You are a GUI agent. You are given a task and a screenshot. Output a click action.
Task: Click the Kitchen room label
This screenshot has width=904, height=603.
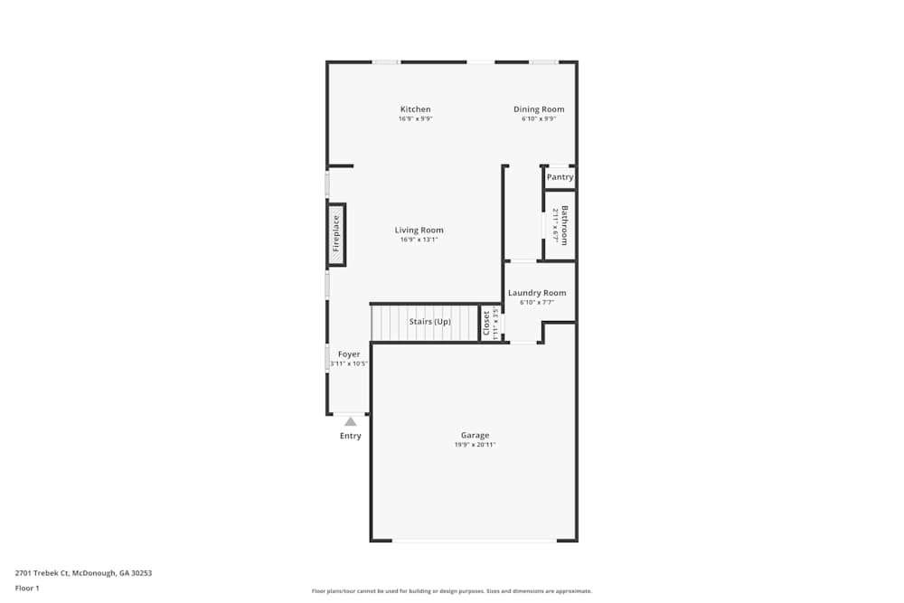coord(416,109)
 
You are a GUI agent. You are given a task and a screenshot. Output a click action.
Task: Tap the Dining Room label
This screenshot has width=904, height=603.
coord(539,109)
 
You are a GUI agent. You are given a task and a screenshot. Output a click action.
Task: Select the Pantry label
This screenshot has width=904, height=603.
coord(560,177)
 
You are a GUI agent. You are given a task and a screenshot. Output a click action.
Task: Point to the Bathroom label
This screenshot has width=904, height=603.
coord(565,225)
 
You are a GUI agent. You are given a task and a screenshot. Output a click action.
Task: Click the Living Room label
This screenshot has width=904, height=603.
coord(419,230)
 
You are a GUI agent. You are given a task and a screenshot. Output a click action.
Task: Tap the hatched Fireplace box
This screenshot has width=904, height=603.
coord(336,233)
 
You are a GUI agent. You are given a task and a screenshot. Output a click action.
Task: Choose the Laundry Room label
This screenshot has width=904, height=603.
coord(537,293)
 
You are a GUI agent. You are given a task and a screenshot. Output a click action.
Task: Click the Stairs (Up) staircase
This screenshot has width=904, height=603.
coord(425,323)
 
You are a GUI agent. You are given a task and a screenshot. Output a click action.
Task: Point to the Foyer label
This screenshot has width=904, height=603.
coord(349,354)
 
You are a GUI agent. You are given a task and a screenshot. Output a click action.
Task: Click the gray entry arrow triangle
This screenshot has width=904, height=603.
coord(351,421)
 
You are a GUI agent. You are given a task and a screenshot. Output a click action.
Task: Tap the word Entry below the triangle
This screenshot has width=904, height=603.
coord(351,436)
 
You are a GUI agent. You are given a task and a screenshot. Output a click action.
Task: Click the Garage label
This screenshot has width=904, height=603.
coord(475,435)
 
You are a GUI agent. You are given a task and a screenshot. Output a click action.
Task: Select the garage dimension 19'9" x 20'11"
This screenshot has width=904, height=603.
coord(475,445)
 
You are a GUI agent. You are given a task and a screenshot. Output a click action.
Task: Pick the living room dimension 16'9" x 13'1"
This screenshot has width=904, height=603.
coord(419,240)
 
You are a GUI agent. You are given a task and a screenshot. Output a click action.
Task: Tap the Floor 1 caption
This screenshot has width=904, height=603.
coord(27,588)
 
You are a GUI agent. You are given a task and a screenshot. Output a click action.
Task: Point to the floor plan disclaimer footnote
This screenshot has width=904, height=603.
coord(451,591)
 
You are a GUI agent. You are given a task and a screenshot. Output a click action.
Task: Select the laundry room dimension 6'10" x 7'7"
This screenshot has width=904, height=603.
coord(537,303)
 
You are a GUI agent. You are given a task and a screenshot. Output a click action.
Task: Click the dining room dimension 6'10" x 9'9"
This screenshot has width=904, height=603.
coord(539,118)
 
